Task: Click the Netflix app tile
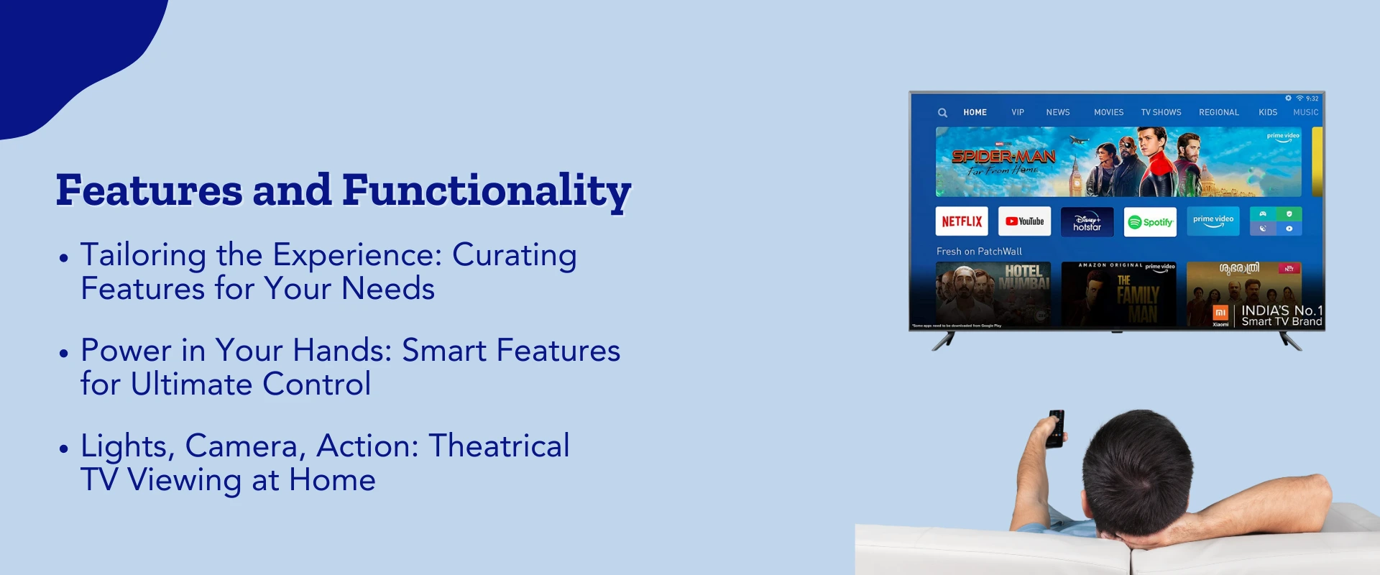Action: [x=962, y=221]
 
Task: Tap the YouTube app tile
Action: [x=1024, y=221]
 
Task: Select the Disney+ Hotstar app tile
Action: [x=1087, y=222]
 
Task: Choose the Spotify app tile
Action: [x=1150, y=222]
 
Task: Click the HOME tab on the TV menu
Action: [x=975, y=113]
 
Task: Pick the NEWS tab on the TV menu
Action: [x=1057, y=113]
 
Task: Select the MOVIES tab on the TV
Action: [x=1108, y=113]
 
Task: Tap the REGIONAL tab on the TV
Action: [x=1218, y=113]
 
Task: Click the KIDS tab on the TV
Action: [x=1267, y=113]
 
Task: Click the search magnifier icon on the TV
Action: [x=942, y=113]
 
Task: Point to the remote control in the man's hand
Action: [x=1056, y=428]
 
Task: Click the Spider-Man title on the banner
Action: [x=1003, y=157]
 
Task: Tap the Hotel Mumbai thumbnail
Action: [x=993, y=293]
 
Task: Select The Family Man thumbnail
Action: [x=1118, y=293]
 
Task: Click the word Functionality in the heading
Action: [x=487, y=190]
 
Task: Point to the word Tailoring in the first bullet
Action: [x=143, y=255]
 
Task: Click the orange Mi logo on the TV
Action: [x=1220, y=313]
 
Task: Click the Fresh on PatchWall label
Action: [x=979, y=252]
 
